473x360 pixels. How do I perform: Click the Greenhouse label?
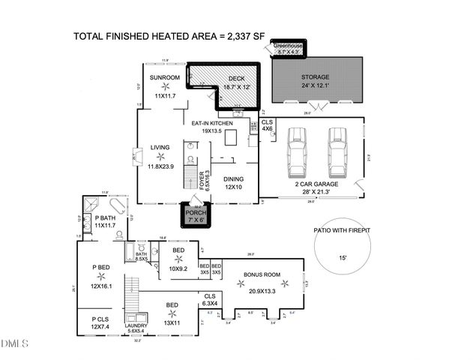pyautogui.click(x=287, y=46)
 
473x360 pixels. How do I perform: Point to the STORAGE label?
pyautogui.click(x=315, y=76)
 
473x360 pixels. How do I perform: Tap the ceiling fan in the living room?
pyautogui.click(x=159, y=157)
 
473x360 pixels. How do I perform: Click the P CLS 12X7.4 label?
pyautogui.click(x=99, y=322)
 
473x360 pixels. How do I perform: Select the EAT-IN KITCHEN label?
pyautogui.click(x=212, y=123)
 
